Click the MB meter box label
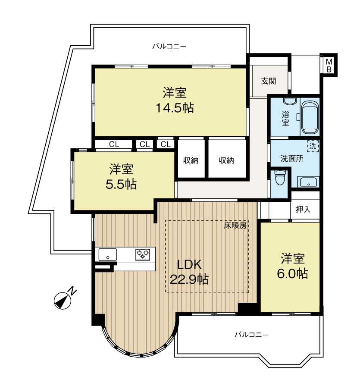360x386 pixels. (329, 65)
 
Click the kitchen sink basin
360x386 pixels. (107, 254)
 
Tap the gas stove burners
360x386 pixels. (142, 254)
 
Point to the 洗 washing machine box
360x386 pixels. (313, 146)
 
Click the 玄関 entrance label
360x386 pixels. (269, 81)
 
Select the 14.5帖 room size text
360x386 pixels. (175, 108)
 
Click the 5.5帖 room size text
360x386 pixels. (121, 184)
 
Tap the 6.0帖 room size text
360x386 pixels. (293, 273)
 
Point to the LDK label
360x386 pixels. (189, 265)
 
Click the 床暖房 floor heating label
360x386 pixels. (235, 225)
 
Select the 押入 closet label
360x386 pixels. (303, 209)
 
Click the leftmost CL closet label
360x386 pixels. (114, 144)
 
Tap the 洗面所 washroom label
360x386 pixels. (292, 158)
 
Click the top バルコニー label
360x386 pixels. (169, 46)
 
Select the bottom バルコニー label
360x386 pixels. (251, 335)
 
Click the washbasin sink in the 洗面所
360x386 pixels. (308, 182)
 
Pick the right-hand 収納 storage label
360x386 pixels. (226, 160)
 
